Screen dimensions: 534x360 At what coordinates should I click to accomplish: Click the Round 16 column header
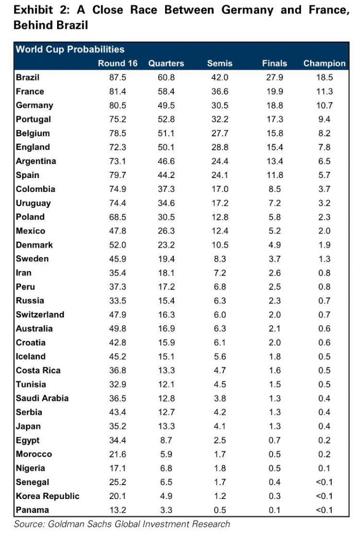[x=118, y=63]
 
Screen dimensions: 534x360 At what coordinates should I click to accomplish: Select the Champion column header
[x=324, y=63]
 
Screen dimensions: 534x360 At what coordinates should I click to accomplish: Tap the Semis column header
[x=220, y=63]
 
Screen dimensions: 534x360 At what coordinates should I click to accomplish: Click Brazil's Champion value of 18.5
[x=325, y=78]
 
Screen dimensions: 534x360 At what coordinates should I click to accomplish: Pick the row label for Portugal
[x=33, y=119]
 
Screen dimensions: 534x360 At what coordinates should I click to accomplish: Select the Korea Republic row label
[x=47, y=496]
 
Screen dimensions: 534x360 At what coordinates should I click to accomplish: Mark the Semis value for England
[x=220, y=147]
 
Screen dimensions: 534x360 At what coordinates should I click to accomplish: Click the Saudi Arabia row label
[x=42, y=398]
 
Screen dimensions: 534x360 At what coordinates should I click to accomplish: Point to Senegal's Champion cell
[x=325, y=482]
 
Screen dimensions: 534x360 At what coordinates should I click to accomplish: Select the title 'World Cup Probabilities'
[x=70, y=49]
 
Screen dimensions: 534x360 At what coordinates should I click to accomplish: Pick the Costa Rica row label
[x=38, y=370]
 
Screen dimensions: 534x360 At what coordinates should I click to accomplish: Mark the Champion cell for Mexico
[x=325, y=231]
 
